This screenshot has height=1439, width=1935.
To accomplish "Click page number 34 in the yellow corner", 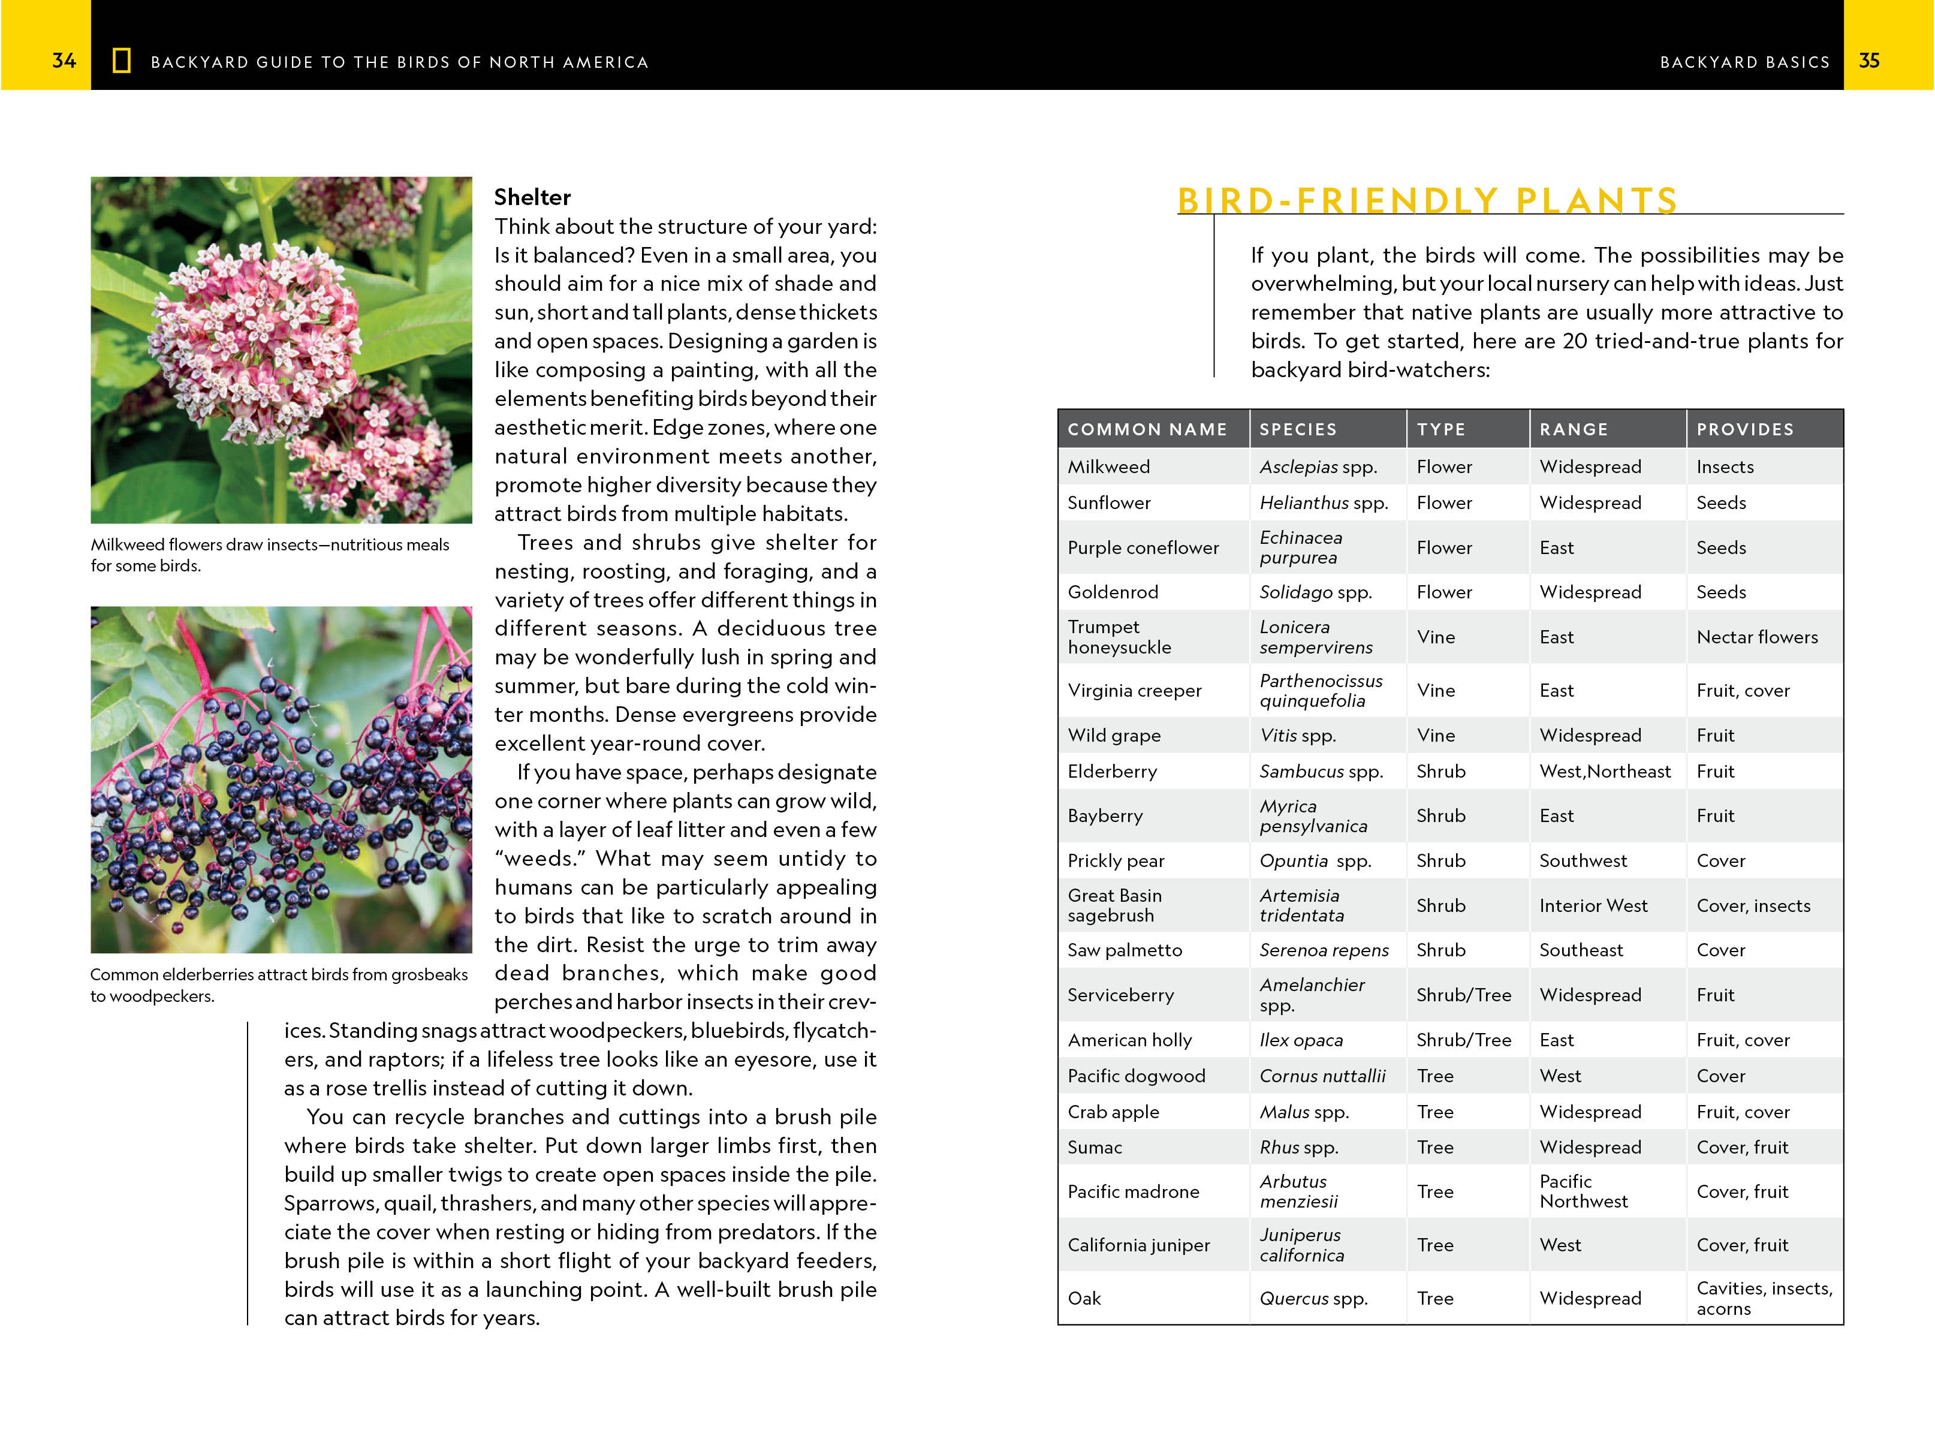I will click(64, 61).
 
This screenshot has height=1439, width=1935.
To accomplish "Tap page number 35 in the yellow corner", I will click(1869, 61).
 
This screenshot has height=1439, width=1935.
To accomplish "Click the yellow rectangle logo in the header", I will click(122, 61).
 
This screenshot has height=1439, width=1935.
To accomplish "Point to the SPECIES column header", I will click(1298, 429).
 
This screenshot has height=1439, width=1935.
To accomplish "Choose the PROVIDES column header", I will click(1744, 429).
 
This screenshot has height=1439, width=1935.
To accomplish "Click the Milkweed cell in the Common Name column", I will click(1108, 467).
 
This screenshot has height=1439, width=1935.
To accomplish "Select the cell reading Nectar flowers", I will click(1756, 637).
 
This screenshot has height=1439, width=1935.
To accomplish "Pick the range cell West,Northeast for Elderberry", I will click(1604, 772).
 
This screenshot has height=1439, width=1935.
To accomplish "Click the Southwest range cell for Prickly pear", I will click(1583, 860).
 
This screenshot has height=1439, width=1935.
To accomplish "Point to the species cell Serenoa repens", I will click(1324, 950).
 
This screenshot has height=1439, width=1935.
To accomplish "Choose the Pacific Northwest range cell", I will click(1583, 1191).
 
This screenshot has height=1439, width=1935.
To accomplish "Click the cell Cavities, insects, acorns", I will click(1764, 1298).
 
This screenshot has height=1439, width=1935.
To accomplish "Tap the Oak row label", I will click(1084, 1299).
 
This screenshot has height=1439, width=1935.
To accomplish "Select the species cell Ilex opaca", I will click(1301, 1040).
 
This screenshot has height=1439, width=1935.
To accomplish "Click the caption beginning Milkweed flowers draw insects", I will click(270, 555).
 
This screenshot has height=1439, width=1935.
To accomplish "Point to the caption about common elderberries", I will click(279, 985).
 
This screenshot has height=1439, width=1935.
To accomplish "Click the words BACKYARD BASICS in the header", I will click(1744, 62).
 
